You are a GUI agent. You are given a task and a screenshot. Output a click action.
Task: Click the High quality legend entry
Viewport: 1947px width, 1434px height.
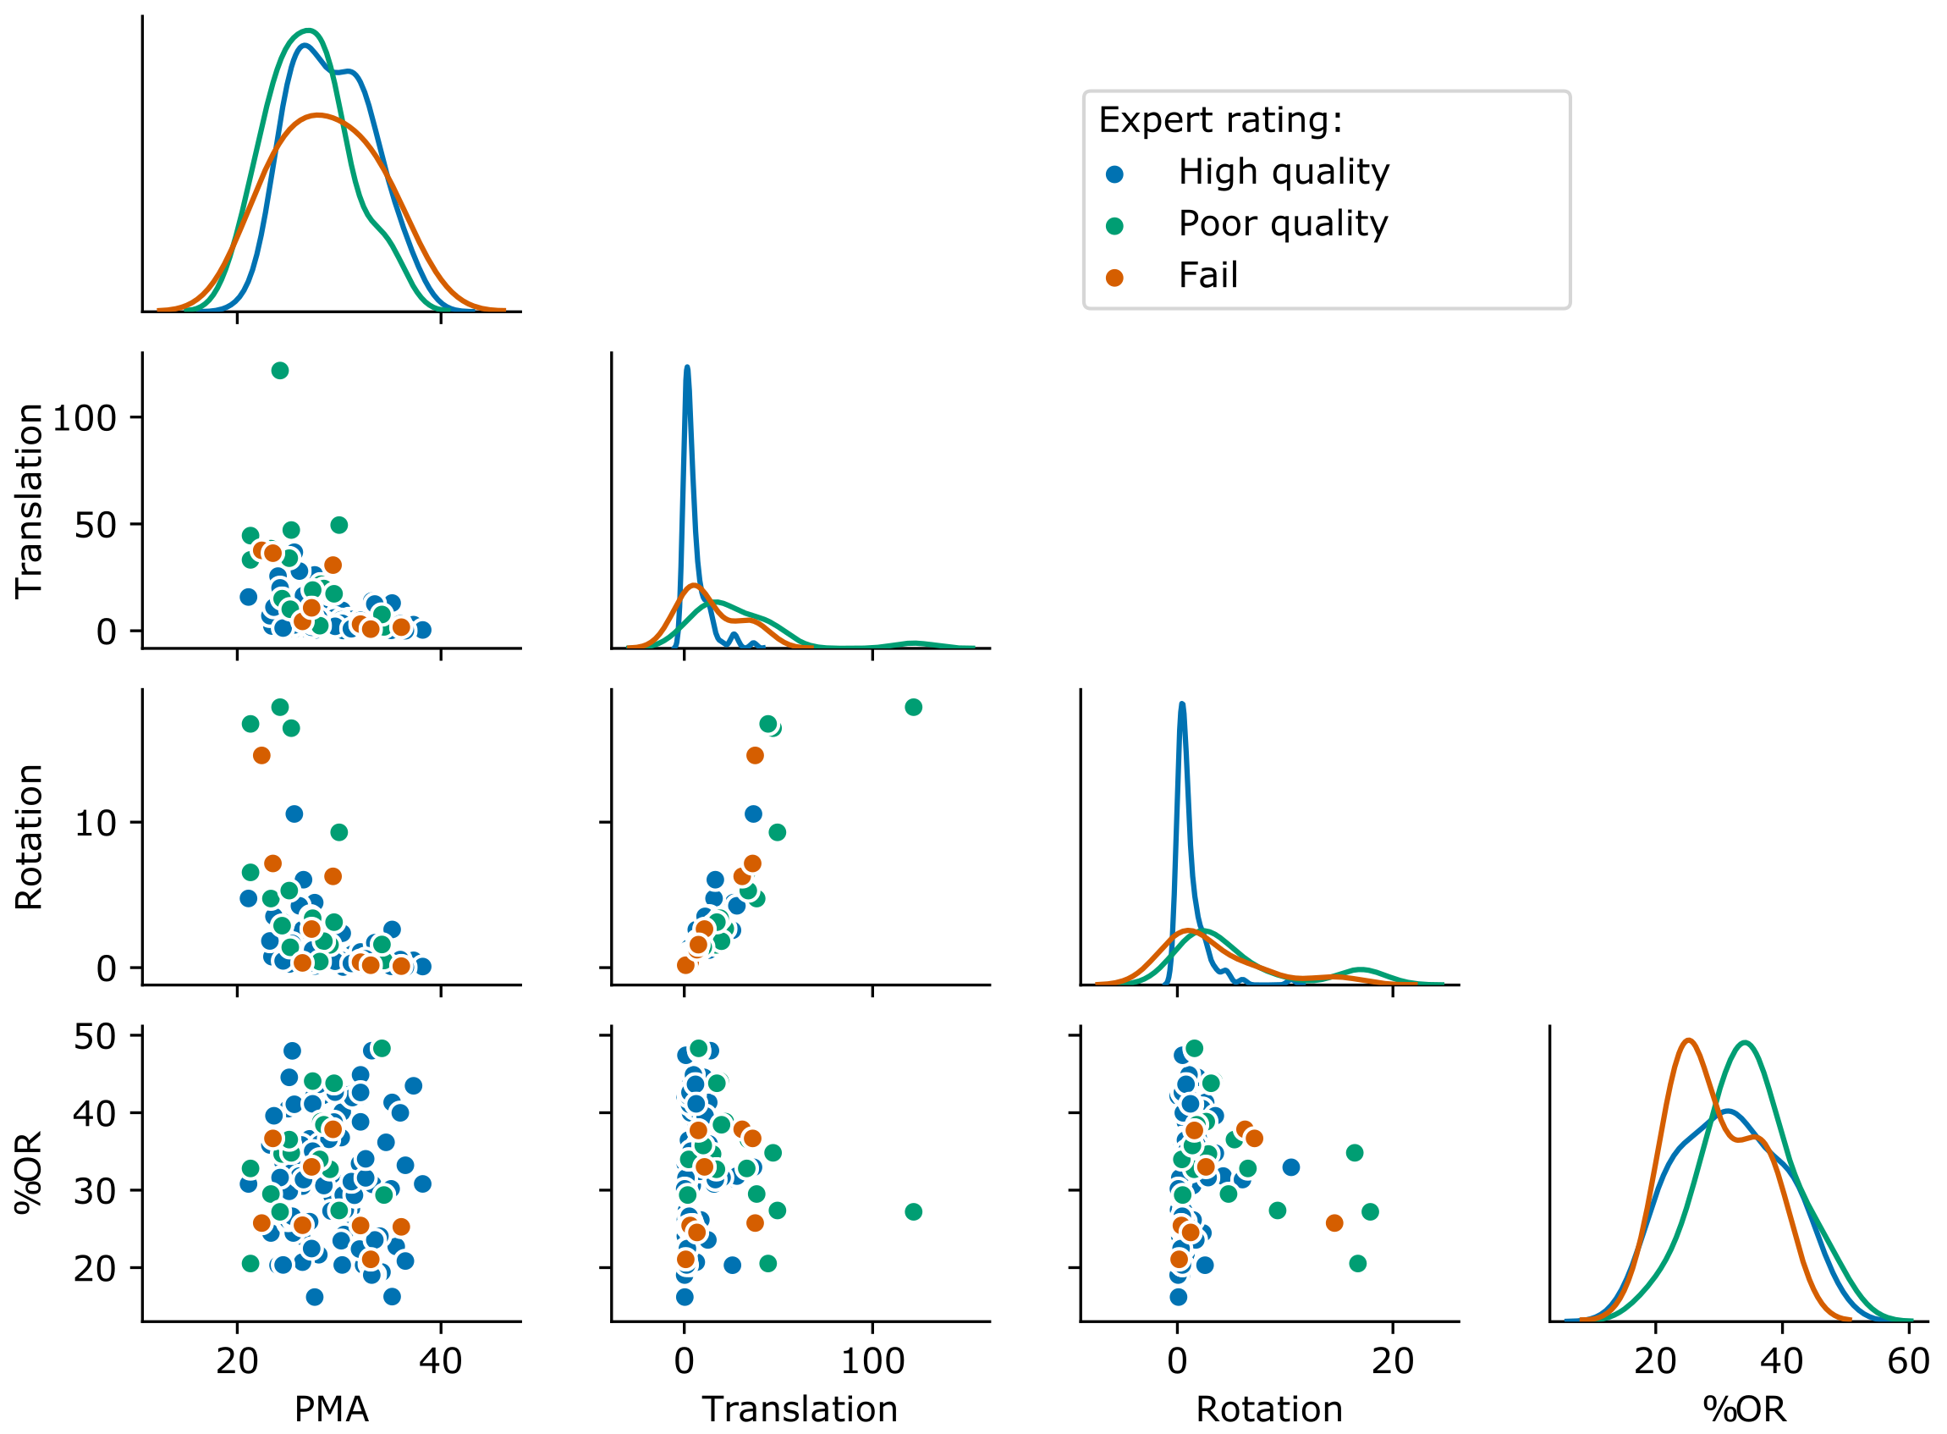(1283, 172)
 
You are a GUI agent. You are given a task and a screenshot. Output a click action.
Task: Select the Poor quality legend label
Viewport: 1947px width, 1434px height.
(1283, 224)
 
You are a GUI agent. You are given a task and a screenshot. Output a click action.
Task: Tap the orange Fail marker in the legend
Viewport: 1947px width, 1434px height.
(1115, 278)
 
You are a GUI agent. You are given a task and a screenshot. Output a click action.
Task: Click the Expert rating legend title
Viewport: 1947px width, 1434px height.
(1220, 120)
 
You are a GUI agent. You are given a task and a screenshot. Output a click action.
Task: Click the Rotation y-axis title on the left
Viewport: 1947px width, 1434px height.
(30, 838)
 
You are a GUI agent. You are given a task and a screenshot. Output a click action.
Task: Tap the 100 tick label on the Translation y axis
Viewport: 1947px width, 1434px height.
(84, 418)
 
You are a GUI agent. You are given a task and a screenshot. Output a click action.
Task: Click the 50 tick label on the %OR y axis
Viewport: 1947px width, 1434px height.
(95, 1035)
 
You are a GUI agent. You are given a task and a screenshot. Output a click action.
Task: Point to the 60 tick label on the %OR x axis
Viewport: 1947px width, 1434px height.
(1908, 1360)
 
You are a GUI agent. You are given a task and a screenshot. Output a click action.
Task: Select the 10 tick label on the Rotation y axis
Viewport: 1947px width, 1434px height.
(95, 823)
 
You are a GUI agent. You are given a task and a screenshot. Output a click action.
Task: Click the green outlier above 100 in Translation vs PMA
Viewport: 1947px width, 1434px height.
(279, 371)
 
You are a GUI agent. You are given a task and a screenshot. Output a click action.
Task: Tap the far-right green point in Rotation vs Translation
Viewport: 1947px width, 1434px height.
(913, 708)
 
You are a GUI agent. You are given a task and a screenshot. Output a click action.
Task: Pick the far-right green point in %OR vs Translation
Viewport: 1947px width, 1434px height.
(913, 1211)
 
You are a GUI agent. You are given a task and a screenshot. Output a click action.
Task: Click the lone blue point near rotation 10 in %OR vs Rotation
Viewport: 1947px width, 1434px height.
(1291, 1167)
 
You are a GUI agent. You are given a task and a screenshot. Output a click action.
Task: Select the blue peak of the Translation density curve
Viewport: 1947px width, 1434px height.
(687, 367)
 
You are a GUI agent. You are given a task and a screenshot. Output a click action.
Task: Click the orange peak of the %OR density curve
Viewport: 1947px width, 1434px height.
(1687, 1040)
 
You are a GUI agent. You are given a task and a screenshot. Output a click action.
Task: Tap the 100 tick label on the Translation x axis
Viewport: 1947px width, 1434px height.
(872, 1360)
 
